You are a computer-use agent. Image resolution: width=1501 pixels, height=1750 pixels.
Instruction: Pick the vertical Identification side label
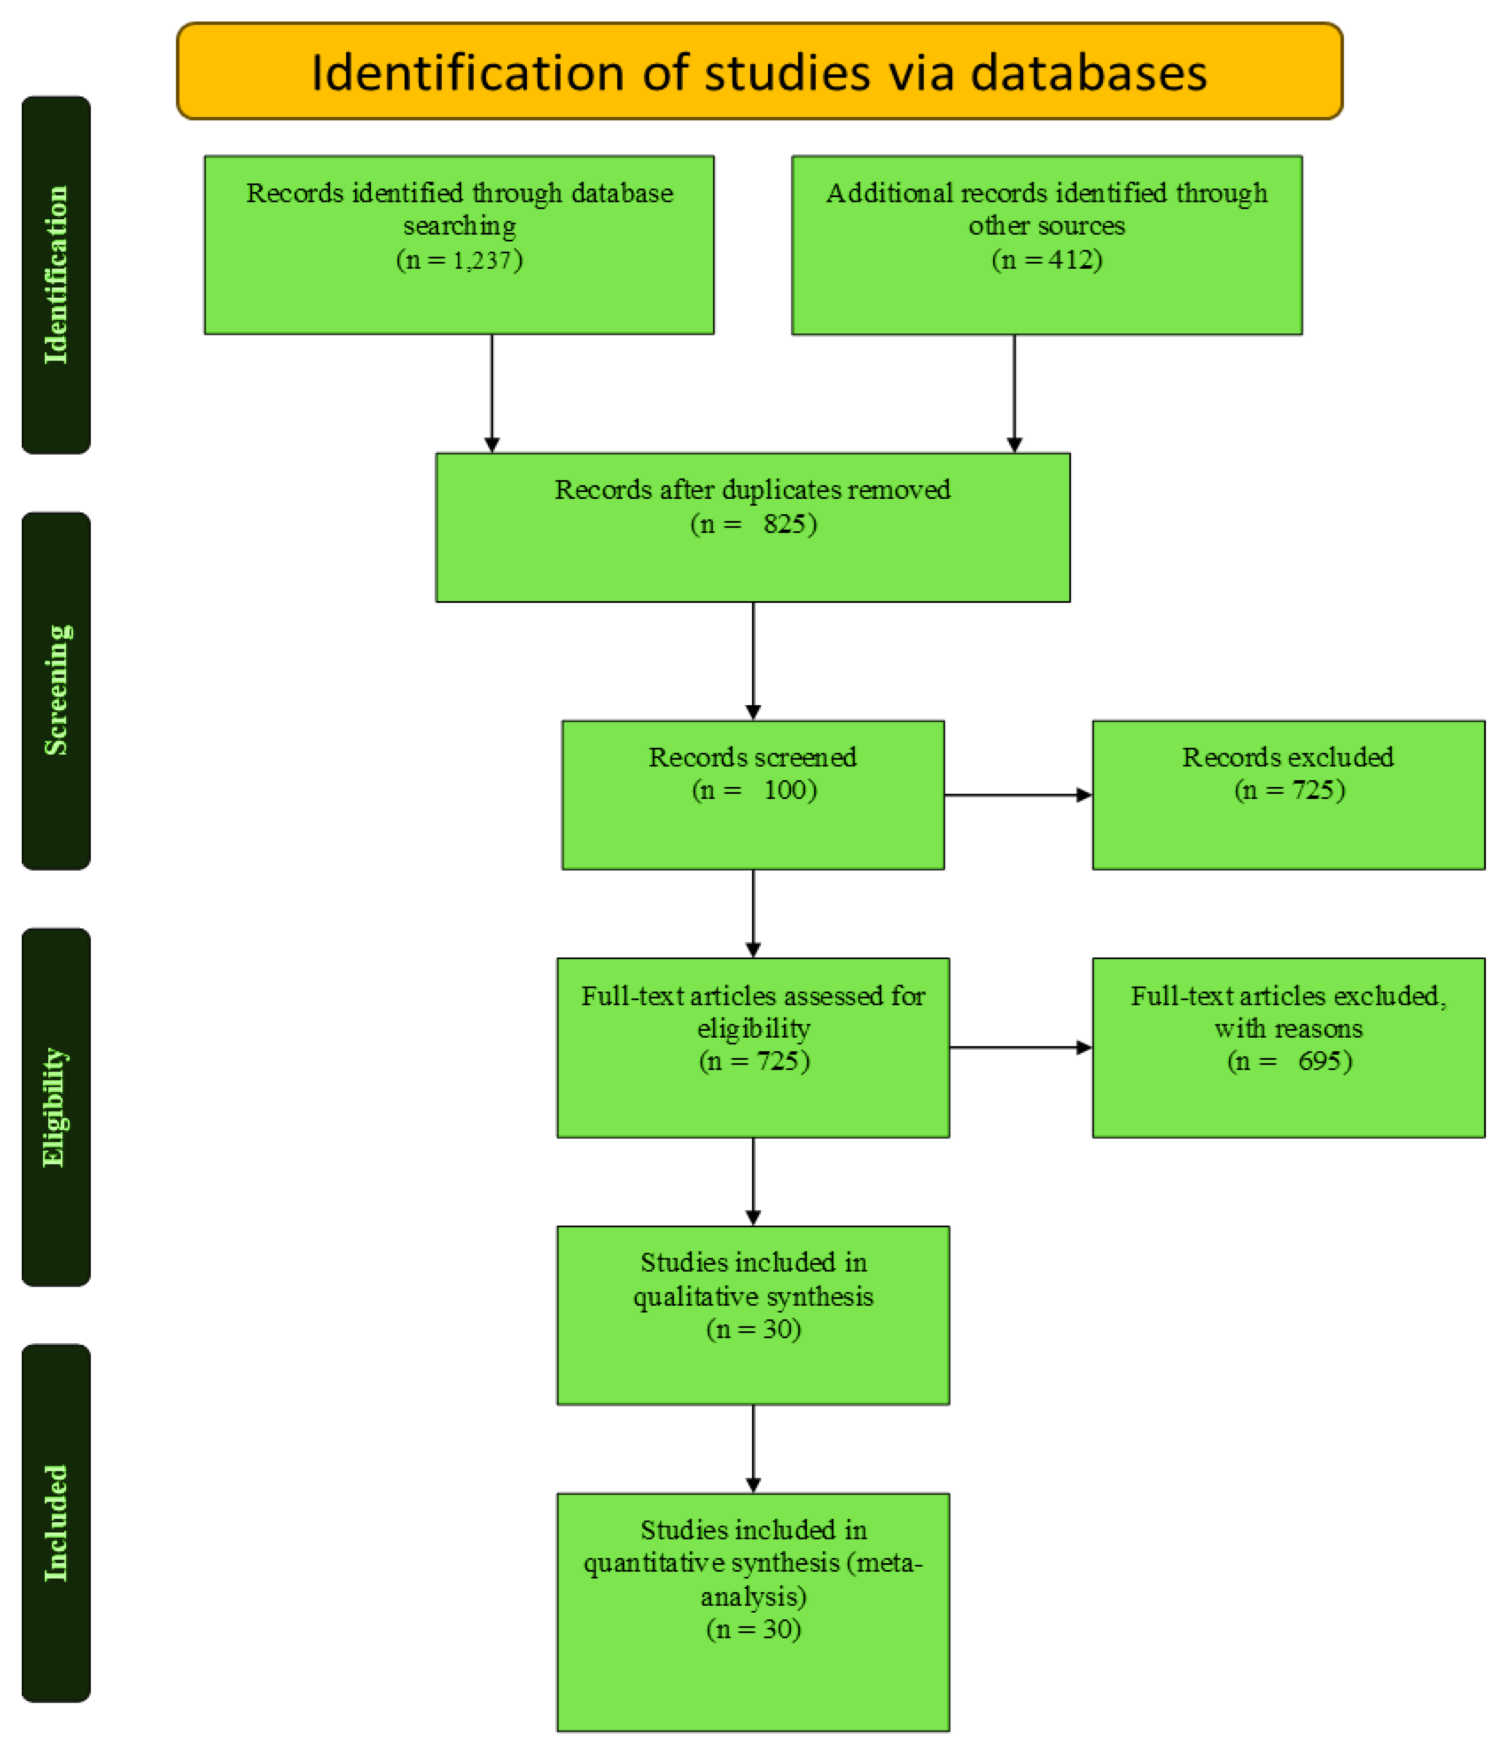[x=56, y=275]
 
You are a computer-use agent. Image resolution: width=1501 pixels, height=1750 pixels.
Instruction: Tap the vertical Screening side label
[x=56, y=690]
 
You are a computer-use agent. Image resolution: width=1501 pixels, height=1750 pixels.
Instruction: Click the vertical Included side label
[x=56, y=1523]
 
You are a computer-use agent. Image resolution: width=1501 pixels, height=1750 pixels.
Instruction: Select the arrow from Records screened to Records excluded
[x=1017, y=795]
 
